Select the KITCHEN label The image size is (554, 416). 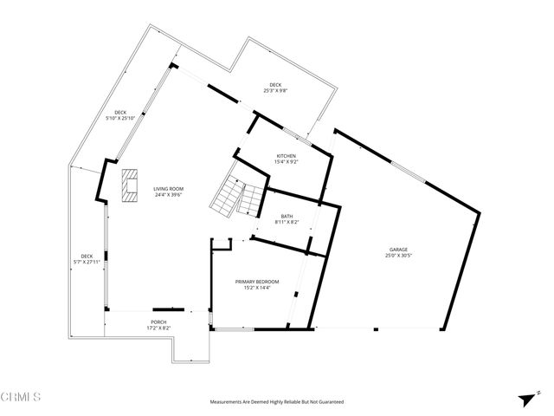point(286,156)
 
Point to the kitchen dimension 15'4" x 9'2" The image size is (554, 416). point(286,162)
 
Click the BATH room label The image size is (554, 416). point(287,216)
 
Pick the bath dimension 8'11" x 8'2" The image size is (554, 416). point(287,222)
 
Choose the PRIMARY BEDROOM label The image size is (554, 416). point(258,282)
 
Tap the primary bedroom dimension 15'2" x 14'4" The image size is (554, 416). point(258,288)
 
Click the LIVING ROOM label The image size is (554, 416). point(169,189)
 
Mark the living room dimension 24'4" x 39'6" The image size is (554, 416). point(169,195)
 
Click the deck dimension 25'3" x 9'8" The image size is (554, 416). point(275,90)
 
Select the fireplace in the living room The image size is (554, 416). point(130,185)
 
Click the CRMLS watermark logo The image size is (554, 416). point(23,398)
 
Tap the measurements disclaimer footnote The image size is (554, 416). point(277,402)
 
